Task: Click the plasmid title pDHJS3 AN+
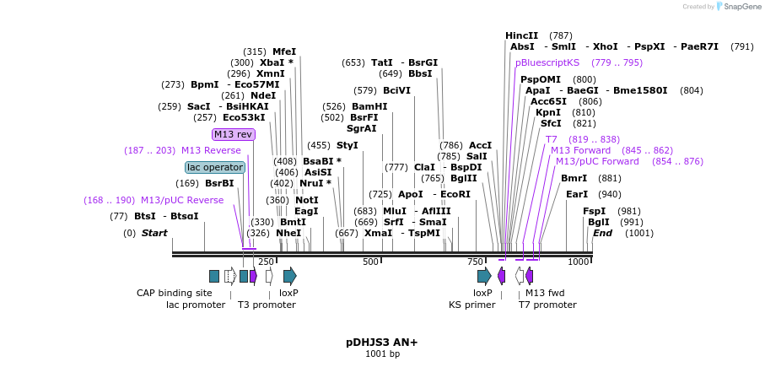coord(381,343)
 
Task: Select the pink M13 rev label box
coord(233,134)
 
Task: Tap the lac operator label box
coord(215,167)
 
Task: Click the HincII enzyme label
coord(521,35)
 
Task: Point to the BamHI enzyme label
coord(369,106)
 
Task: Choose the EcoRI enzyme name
coord(455,194)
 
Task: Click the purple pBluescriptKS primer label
coord(547,62)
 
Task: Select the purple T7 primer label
coord(551,139)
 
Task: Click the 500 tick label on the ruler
coord(370,262)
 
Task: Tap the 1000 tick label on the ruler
coord(579,262)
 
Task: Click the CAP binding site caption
coord(175,293)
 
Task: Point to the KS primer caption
coord(471,305)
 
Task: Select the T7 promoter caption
coord(547,305)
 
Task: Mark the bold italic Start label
coord(154,233)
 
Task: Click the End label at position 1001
coord(602,233)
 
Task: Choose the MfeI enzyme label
coord(284,51)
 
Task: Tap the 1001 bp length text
coord(381,354)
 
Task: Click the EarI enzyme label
coord(577,194)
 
